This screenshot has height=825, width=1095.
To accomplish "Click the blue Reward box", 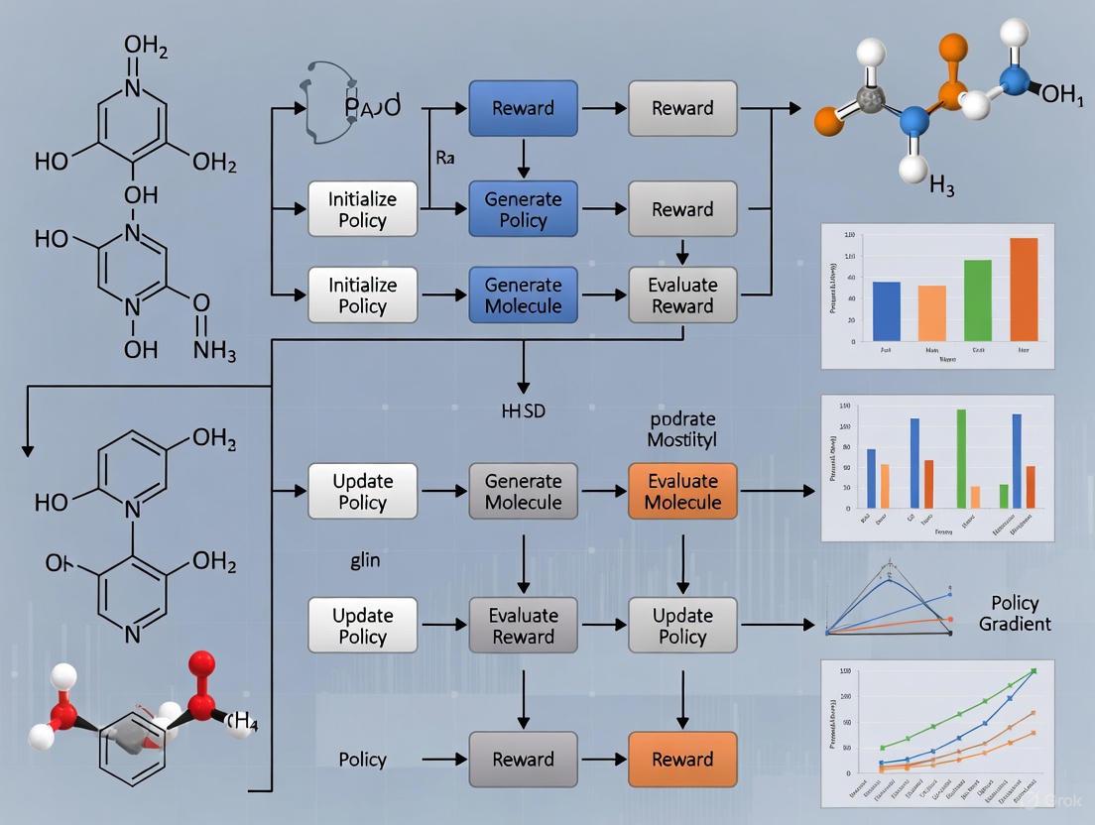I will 523,108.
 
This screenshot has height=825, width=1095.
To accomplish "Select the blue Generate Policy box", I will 523,209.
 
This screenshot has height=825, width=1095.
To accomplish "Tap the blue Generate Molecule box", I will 523,295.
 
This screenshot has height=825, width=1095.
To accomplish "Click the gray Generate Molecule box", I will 523,491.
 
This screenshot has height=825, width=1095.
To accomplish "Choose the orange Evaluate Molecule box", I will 682,491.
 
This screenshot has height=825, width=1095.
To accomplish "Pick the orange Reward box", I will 682,760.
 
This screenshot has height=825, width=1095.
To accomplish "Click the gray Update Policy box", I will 682,626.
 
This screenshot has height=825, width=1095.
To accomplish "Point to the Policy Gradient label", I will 1015,613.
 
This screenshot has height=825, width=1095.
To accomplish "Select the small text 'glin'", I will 364,560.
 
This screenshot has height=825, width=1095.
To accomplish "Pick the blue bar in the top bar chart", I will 886,311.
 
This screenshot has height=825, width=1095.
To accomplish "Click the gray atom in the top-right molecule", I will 871,98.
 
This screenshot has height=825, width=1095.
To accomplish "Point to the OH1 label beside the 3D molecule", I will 1061,94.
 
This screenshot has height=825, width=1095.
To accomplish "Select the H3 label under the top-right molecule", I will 941,186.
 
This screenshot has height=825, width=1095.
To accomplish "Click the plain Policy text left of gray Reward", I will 362,760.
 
